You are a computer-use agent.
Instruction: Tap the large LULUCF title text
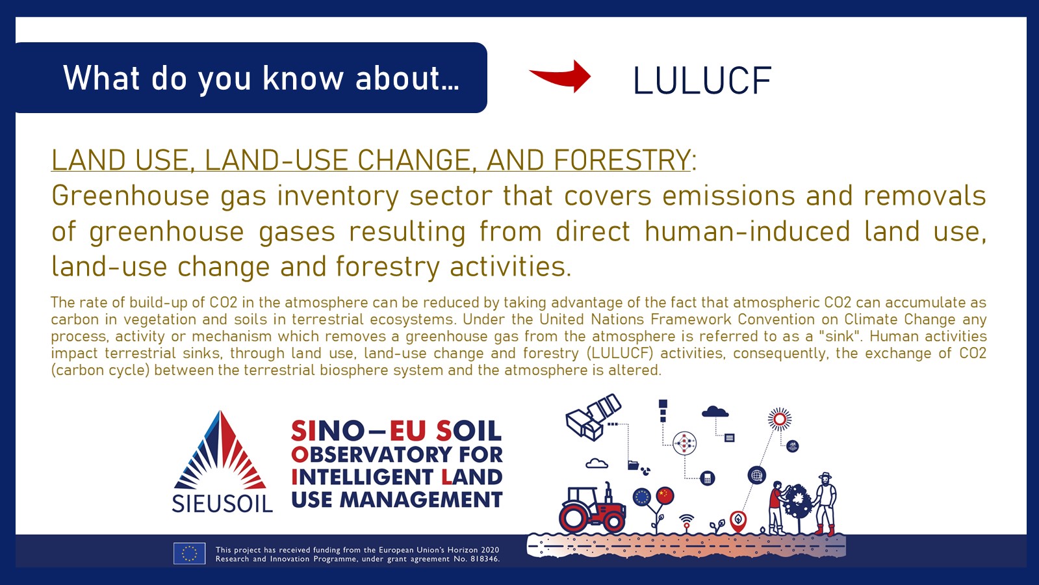pos(702,81)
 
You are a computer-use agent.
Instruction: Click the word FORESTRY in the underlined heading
pos(622,160)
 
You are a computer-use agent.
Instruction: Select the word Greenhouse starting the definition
pos(131,196)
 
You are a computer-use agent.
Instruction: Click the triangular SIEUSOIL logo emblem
pos(220,450)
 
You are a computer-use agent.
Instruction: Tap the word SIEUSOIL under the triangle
pos(222,504)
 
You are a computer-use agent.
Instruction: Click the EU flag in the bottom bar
pos(189,553)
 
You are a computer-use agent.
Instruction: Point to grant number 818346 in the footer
pos(484,559)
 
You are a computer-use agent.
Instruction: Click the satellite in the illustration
pos(593,417)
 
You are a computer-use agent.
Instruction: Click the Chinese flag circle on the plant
pos(665,496)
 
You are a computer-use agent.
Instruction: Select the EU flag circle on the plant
pos(642,497)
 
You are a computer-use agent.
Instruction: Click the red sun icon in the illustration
pos(780,419)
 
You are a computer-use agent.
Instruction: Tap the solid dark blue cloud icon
pos(715,411)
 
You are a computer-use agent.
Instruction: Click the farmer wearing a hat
pos(825,504)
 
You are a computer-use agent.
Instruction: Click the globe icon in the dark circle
pos(756,476)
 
